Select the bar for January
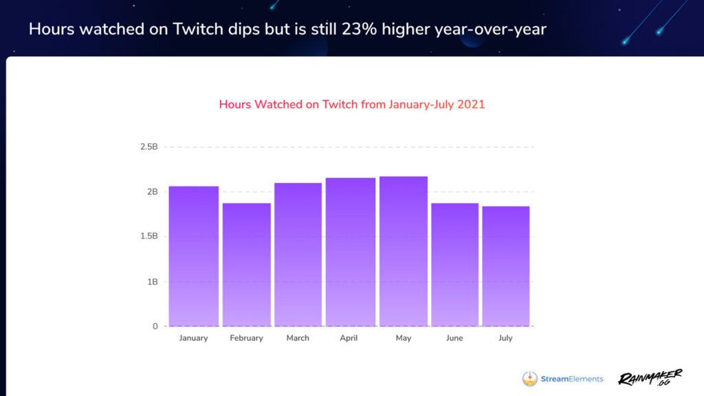click(193, 256)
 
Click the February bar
click(246, 264)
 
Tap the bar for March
click(298, 254)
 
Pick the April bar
click(350, 252)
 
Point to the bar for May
click(403, 251)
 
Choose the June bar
click(454, 264)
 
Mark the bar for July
click(505, 266)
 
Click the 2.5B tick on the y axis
click(148, 147)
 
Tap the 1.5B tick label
click(148, 236)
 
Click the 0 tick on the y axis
click(155, 327)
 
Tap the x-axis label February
click(246, 338)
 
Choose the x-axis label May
click(403, 338)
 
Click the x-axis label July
click(505, 338)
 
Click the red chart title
click(351, 104)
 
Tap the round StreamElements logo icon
click(530, 378)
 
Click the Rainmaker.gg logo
click(650, 377)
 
